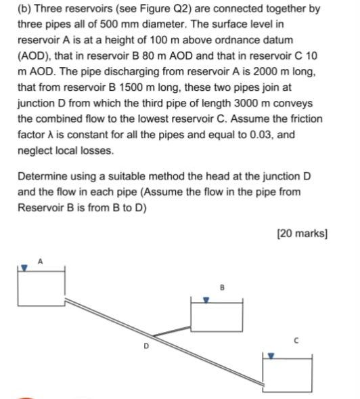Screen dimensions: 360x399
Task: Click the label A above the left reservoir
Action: coord(40,260)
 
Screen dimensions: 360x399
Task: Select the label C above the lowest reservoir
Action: coord(296,341)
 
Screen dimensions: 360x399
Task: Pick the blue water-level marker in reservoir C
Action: coord(273,354)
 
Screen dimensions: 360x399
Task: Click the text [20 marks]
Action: coord(302,234)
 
